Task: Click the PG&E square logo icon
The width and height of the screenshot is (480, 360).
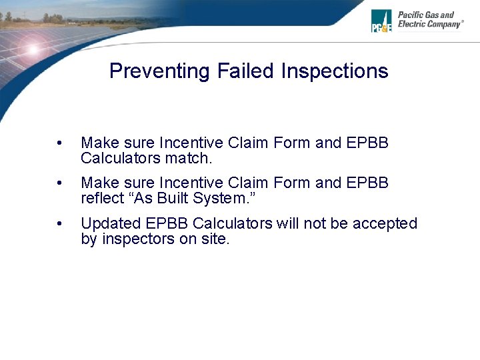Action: tap(381, 21)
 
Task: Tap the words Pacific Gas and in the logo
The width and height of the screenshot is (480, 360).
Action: tap(426, 15)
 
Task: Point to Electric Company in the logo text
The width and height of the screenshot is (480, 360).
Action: tap(429, 25)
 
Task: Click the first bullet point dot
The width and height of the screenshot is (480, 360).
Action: tap(61, 143)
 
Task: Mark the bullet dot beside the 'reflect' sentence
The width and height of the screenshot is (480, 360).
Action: tap(61, 183)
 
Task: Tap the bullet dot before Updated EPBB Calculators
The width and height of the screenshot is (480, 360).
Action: tap(61, 224)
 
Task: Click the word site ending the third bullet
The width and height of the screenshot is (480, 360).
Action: tap(215, 239)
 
